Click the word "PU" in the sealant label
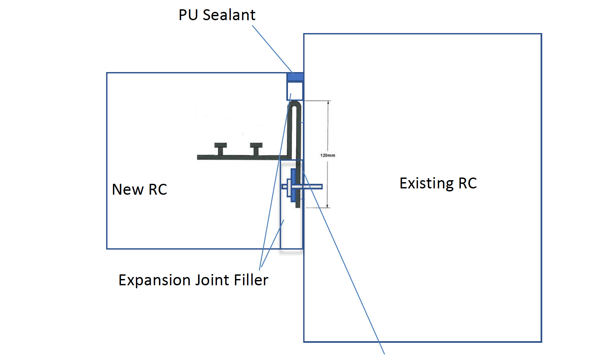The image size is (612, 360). (188, 15)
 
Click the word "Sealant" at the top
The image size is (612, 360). (229, 15)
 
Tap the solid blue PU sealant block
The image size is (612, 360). (295, 77)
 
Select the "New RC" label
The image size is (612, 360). (139, 190)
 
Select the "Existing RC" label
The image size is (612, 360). (438, 183)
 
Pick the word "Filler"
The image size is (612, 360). (251, 280)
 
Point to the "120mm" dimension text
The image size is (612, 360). (327, 155)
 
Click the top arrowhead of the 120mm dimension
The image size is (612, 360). (328, 103)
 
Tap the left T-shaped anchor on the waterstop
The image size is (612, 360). (221, 148)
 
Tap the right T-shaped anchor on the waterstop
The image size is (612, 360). (256, 148)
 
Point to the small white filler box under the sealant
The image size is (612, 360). (295, 91)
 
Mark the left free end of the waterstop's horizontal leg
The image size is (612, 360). (198, 157)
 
